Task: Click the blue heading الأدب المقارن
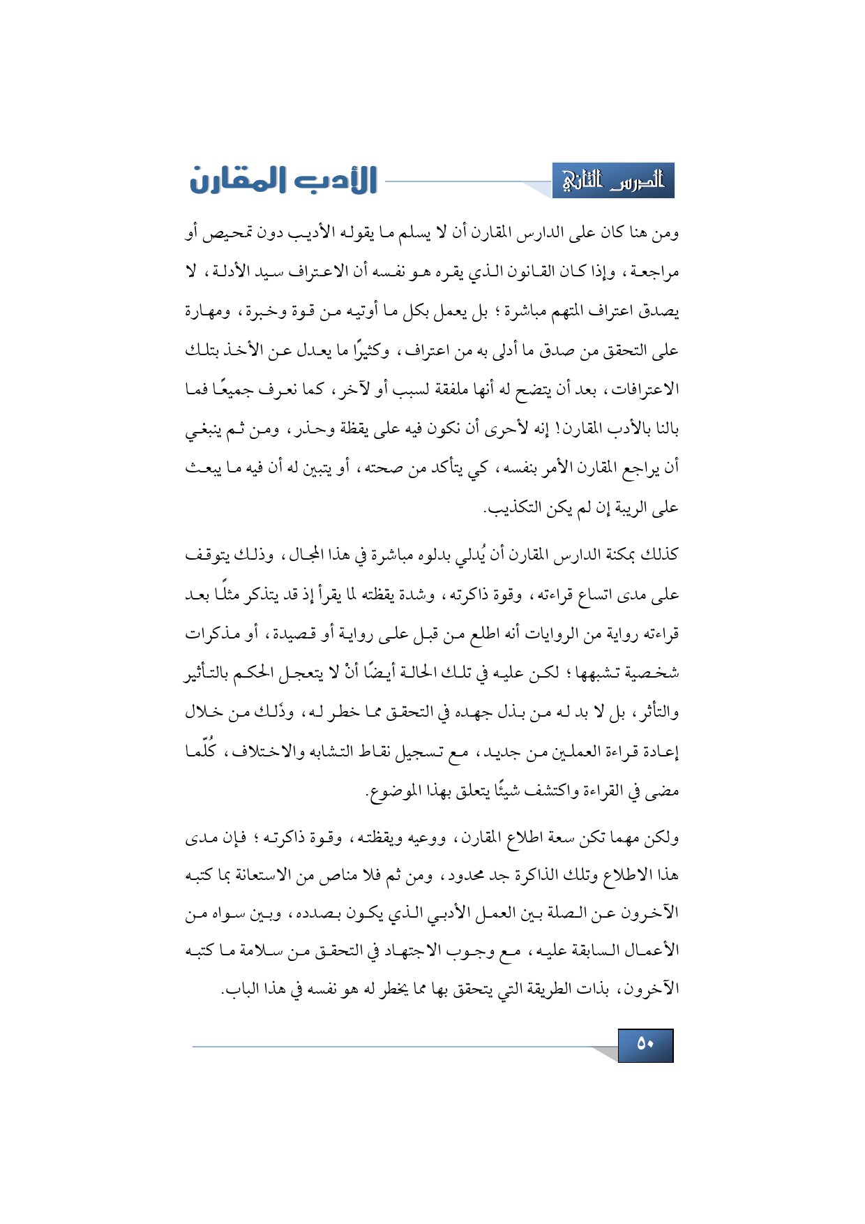pos(283,181)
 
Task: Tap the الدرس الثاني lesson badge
pos(612,181)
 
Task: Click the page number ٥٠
pos(645,1045)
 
